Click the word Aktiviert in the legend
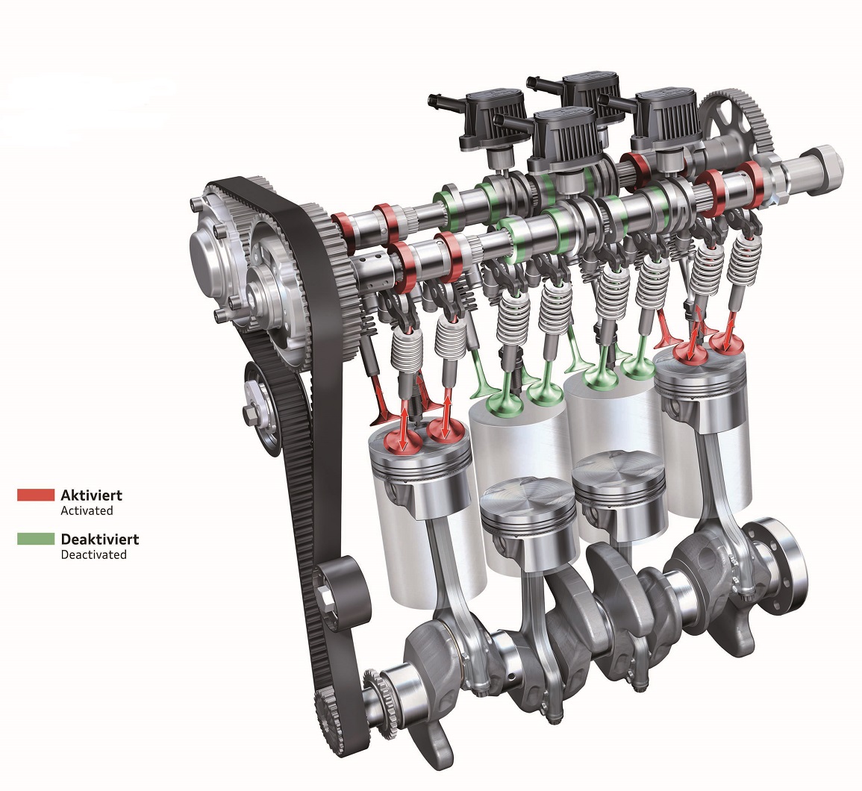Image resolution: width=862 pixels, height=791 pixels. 91,495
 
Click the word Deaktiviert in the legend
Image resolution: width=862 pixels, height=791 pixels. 99,539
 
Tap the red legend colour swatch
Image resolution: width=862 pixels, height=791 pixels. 36,495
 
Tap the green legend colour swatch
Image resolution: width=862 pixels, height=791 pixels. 36,539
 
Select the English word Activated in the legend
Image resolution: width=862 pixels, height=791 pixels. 87,510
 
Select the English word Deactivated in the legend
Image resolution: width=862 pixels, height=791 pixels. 93,554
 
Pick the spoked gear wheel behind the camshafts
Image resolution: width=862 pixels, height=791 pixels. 737,124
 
